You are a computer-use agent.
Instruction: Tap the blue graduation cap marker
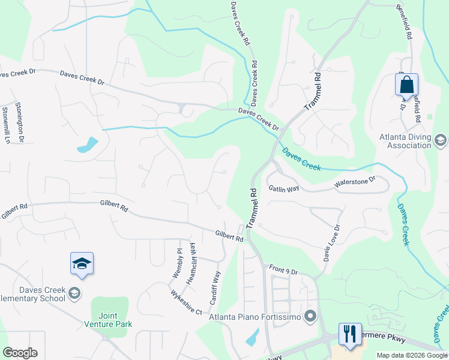click(x=82, y=263)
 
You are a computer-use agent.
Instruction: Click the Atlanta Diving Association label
click(x=405, y=140)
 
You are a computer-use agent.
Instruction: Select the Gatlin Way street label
click(x=284, y=188)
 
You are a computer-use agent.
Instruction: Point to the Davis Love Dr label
click(x=331, y=243)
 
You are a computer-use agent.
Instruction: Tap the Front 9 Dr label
click(x=283, y=271)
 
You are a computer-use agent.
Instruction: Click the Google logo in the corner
click(x=20, y=353)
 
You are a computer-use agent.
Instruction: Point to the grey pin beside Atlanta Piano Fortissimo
click(x=310, y=316)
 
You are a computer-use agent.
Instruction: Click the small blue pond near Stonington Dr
click(x=88, y=145)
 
